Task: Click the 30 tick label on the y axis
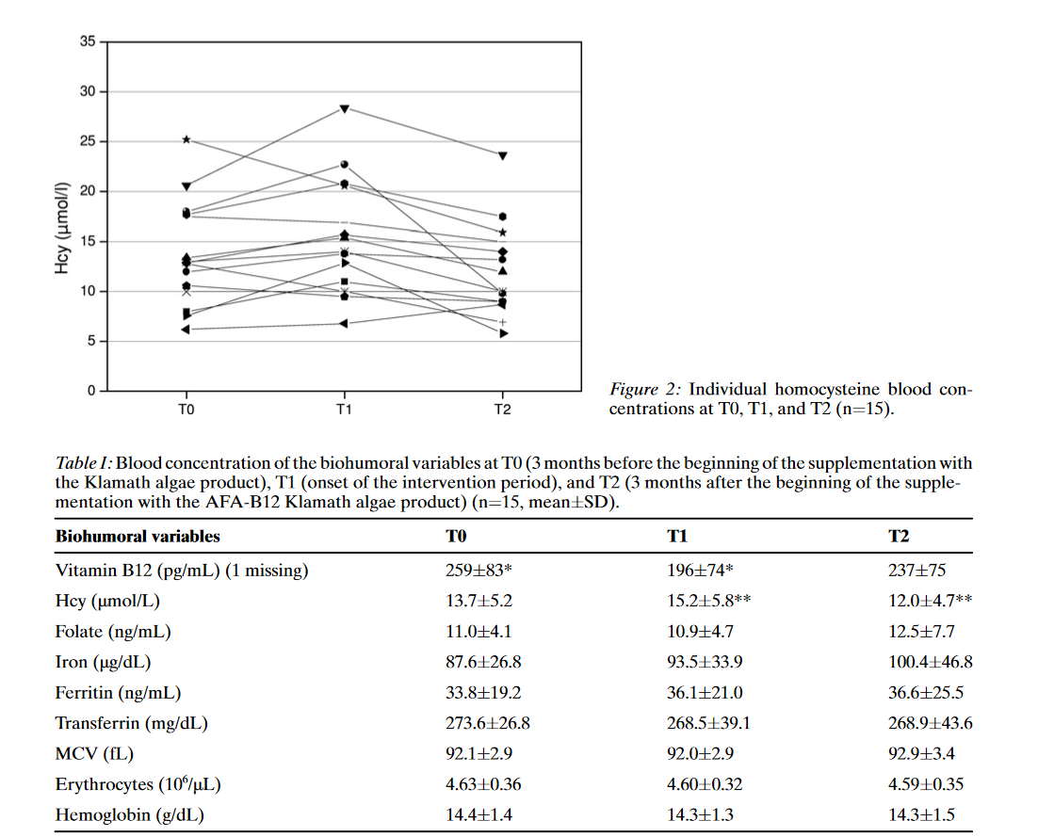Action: pos(89,92)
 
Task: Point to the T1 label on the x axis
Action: pos(344,410)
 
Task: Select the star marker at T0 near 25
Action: pos(187,139)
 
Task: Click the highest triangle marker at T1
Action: pos(345,109)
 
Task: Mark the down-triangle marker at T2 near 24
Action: pos(503,155)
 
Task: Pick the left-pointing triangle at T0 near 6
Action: pos(187,329)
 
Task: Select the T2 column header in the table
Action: pos(899,536)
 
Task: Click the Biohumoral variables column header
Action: pos(138,536)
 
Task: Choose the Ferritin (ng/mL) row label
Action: pos(118,693)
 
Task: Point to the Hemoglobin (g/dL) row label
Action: pos(129,814)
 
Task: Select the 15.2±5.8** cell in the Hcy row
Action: pos(707,601)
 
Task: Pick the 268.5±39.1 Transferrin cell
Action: pos(706,723)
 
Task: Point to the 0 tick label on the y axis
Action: pos(92,391)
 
